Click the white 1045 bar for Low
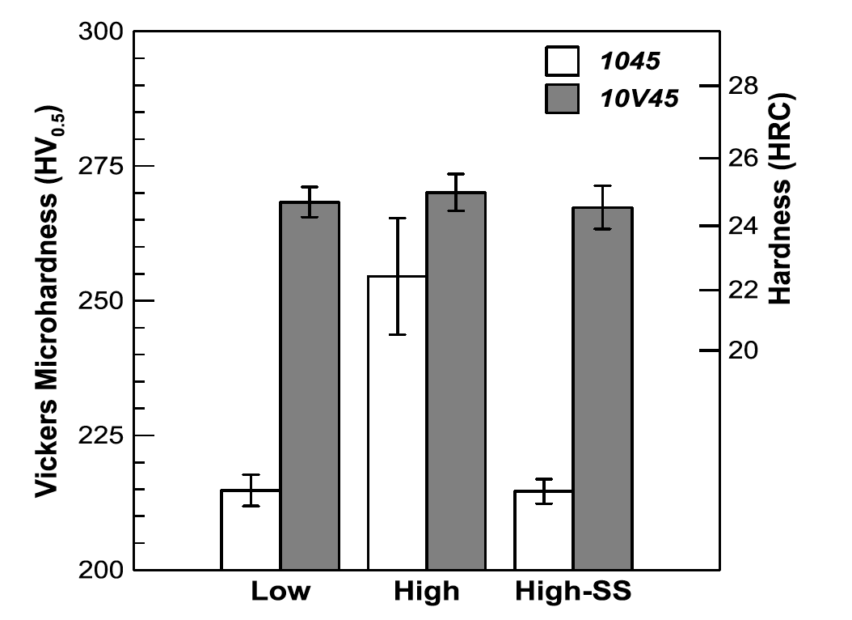251,530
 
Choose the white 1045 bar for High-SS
544,530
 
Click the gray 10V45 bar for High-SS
603,389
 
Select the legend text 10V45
638,99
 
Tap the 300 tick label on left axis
101,32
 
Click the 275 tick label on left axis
101,166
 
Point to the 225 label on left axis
101,435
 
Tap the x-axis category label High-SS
572,592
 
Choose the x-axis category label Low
280,592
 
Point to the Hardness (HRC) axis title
781,198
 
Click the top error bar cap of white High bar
397,218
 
